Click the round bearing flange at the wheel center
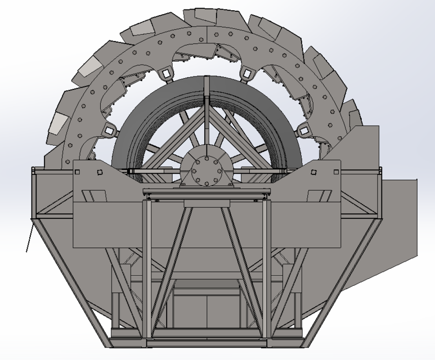tap(206, 169)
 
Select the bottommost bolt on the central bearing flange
tap(206, 182)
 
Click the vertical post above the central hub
tap(207, 112)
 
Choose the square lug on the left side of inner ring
tap(107, 130)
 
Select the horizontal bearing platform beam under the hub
tap(206, 192)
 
